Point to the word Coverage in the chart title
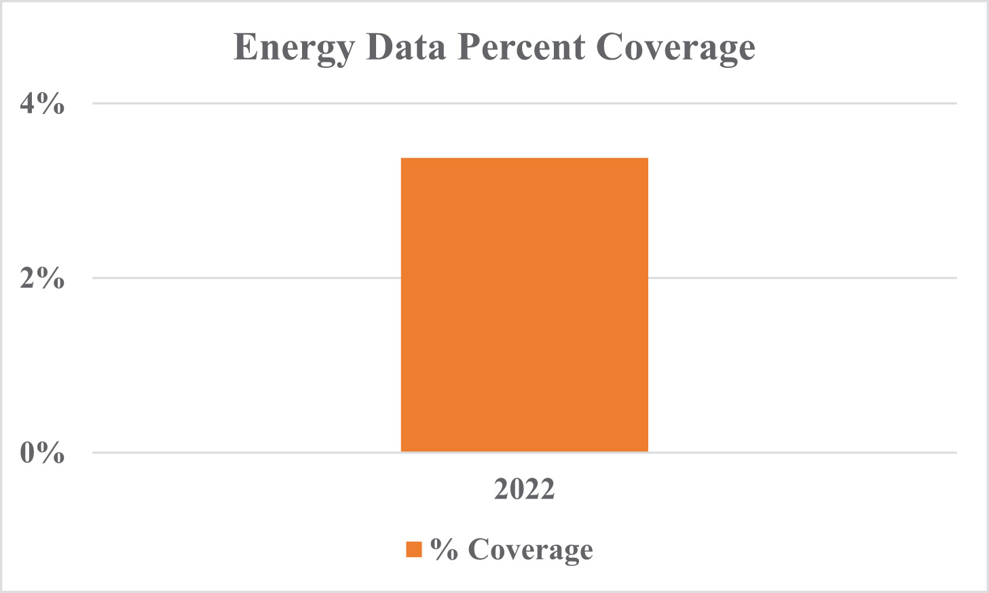pyautogui.click(x=675, y=48)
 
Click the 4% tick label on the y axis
pyautogui.click(x=42, y=103)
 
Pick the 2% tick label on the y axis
pyautogui.click(x=42, y=278)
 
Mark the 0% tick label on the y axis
pyautogui.click(x=42, y=452)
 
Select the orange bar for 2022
pyautogui.click(x=524, y=305)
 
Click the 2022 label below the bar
pyautogui.click(x=524, y=489)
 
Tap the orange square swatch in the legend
pyautogui.click(x=414, y=549)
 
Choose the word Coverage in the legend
pyautogui.click(x=530, y=550)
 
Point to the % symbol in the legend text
pyautogui.click(x=444, y=549)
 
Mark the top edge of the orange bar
pyautogui.click(x=524, y=159)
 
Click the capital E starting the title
pyautogui.click(x=246, y=47)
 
